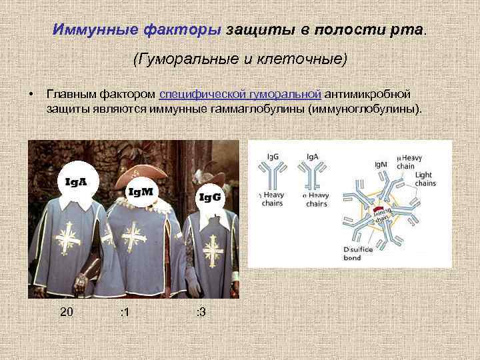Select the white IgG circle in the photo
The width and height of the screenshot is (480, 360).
coord(209,197)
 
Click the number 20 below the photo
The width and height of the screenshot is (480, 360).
coord(67,312)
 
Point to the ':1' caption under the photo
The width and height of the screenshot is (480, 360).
coord(124,312)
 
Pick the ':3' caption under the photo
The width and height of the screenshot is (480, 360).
coord(199,312)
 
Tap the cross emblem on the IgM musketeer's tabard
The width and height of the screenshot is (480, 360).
coord(134,237)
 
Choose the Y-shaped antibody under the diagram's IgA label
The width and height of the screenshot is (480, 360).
coord(312,177)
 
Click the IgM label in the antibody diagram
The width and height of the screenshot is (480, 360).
coord(381,164)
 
